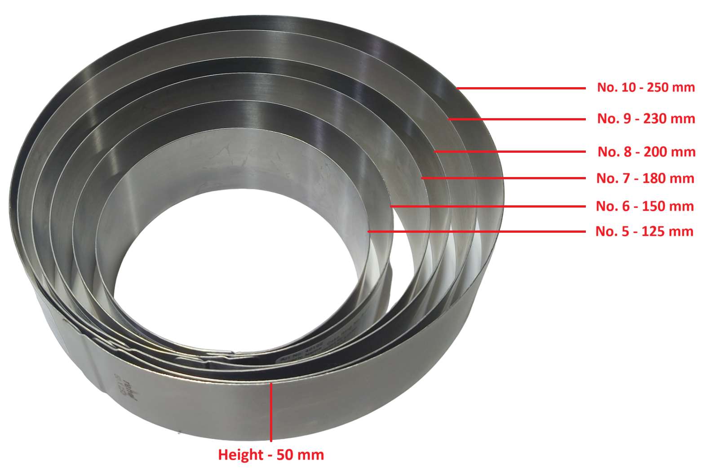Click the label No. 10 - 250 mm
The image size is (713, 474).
tap(646, 87)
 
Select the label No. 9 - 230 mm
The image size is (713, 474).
tap(646, 119)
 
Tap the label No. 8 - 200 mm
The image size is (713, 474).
tap(646, 152)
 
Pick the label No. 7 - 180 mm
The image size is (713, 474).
tap(645, 178)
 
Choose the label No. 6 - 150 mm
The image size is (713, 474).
tap(645, 206)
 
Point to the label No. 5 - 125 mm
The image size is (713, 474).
tap(644, 231)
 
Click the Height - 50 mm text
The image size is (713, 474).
tap(271, 455)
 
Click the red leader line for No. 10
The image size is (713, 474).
tap(521, 88)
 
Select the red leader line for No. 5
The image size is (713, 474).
tap(476, 231)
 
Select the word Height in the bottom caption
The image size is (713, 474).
tap(240, 455)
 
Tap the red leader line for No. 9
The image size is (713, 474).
tap(517, 119)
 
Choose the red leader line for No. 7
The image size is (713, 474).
tap(503, 178)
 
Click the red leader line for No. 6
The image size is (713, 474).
tap(487, 206)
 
